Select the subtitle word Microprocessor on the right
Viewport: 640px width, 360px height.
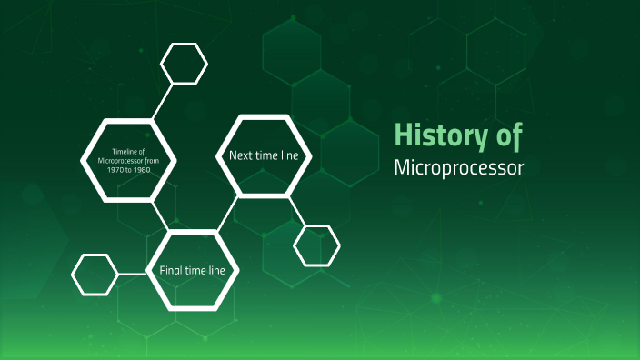pos(459,169)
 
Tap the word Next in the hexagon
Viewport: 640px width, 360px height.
pos(241,155)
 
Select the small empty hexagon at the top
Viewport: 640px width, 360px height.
pos(185,63)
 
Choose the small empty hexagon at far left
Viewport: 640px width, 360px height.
pos(95,274)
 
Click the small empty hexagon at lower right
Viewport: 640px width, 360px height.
pos(316,245)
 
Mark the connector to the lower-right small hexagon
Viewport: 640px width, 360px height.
pos(296,210)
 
